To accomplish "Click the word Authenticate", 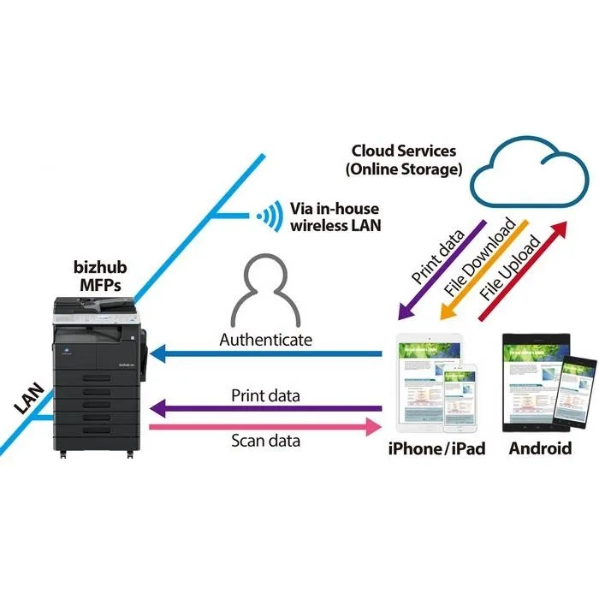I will click(x=266, y=339).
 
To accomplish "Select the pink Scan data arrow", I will click(x=265, y=426).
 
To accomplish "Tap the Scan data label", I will click(x=265, y=442).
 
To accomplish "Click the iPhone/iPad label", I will click(x=437, y=448).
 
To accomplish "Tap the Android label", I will click(x=539, y=448).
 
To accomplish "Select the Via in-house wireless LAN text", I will click(x=335, y=217).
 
